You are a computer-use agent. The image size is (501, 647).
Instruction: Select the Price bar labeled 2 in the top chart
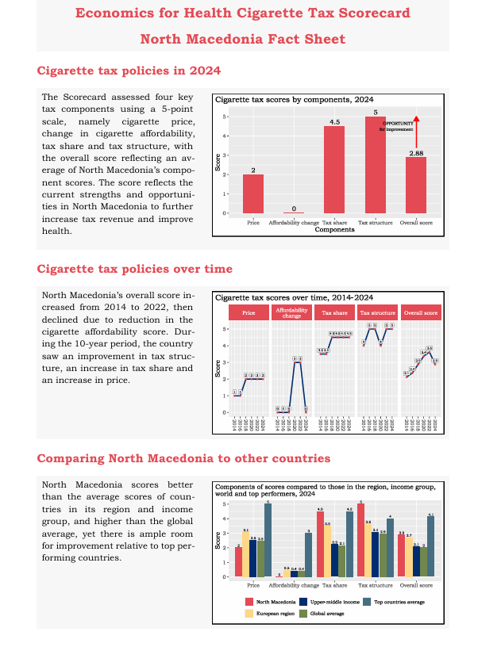(253, 193)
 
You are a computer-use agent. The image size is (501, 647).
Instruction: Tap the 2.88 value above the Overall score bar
(416, 152)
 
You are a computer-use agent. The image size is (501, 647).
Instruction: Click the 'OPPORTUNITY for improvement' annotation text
(397, 126)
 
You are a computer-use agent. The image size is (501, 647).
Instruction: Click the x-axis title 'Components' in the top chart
(334, 230)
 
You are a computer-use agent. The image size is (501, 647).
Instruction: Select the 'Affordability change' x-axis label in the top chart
(294, 223)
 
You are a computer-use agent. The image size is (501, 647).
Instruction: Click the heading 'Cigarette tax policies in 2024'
(129, 71)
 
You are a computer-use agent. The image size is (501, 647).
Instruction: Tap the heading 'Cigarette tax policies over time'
(135, 269)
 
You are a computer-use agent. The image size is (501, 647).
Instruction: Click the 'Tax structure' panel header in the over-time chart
(379, 313)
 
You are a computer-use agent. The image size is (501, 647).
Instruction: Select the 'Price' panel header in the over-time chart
(249, 313)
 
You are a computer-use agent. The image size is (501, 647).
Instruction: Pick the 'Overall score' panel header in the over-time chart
(421, 313)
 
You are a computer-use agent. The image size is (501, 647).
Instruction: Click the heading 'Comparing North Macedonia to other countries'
(183, 458)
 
